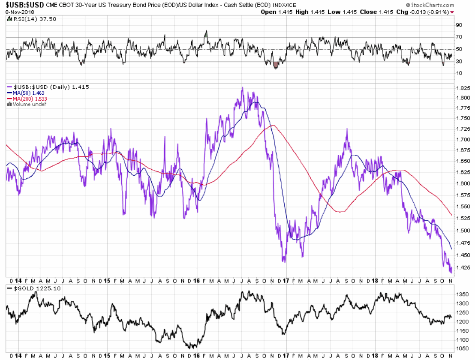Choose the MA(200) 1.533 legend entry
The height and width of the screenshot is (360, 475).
(x=30, y=99)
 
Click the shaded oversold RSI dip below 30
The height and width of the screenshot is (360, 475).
(x=276, y=65)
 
